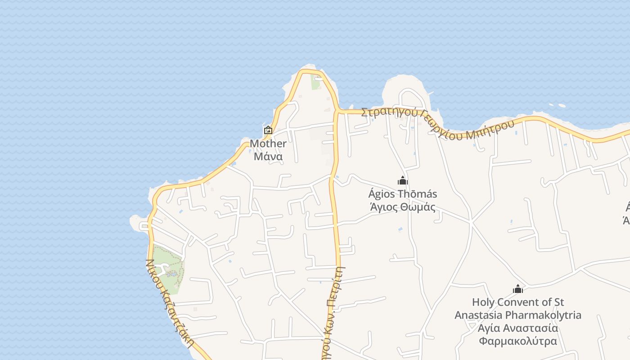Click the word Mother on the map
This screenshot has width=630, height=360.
tap(268, 144)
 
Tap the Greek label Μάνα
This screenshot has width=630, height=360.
tap(268, 156)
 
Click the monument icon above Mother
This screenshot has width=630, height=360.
tap(268, 130)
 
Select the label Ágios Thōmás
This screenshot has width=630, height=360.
tap(402, 194)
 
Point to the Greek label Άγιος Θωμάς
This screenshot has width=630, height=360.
tap(402, 207)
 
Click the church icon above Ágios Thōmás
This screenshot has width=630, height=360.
tap(402, 180)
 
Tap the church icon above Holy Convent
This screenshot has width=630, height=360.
tap(518, 289)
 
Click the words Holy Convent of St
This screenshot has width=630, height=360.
tap(518, 302)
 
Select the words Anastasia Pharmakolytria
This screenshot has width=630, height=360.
tap(518, 315)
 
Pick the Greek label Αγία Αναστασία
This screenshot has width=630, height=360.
tap(518, 328)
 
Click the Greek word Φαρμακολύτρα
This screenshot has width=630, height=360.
tap(518, 341)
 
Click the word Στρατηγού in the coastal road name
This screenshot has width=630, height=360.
tap(389, 112)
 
